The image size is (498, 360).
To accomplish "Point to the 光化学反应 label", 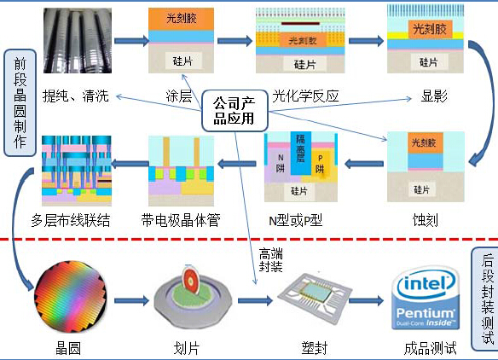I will click(304, 96).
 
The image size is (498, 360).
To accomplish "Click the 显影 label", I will click(434, 96).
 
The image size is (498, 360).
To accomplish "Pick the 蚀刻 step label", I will click(424, 220).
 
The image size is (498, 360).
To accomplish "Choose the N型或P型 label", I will click(295, 220).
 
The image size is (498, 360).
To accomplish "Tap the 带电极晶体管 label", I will click(181, 220).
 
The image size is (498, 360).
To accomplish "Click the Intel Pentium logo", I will click(425, 299).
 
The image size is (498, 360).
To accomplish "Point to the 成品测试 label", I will click(430, 347).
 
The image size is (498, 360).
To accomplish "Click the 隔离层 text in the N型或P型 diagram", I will click(300, 150).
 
